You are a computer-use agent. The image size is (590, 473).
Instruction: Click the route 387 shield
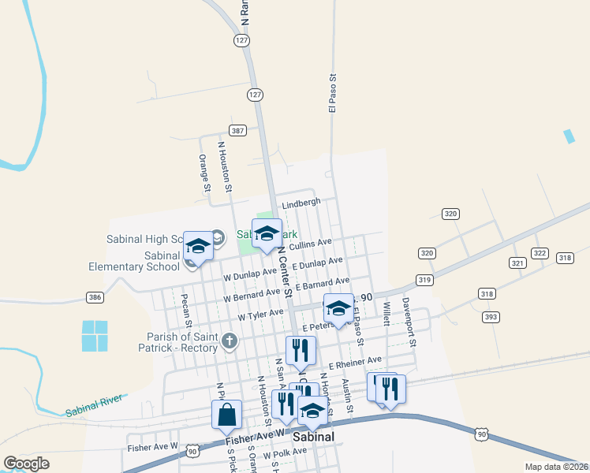tap(237, 130)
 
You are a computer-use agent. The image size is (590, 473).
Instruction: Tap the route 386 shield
tap(95, 297)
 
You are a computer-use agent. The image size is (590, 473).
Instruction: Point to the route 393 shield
tap(491, 317)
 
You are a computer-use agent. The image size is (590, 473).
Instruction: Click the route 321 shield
tap(517, 263)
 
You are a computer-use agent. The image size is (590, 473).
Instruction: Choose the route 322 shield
tap(540, 253)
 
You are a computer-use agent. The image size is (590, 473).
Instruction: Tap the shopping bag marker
tap(226, 415)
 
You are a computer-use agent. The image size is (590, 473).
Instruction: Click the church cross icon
tap(229, 341)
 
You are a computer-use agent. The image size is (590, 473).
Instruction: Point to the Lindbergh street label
tap(301, 203)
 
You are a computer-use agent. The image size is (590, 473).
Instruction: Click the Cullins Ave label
tap(311, 245)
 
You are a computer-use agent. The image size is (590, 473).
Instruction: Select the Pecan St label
tap(186, 311)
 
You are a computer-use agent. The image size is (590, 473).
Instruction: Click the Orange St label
tap(204, 173)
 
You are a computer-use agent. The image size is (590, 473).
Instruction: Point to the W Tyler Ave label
tap(260, 315)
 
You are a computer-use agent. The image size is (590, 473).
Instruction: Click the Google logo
tap(26, 464)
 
